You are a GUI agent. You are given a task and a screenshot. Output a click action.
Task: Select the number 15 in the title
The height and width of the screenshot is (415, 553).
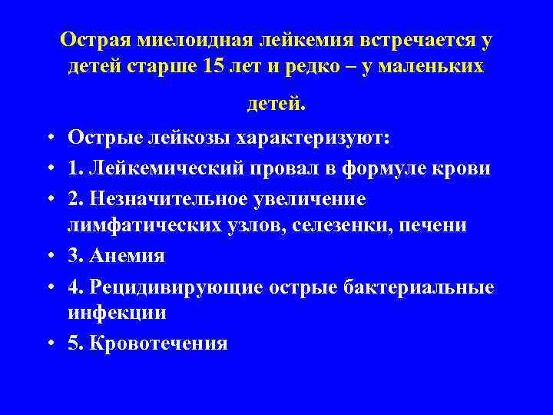(217, 67)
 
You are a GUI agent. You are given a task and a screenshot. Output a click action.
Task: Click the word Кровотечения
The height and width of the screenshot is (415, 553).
(158, 343)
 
